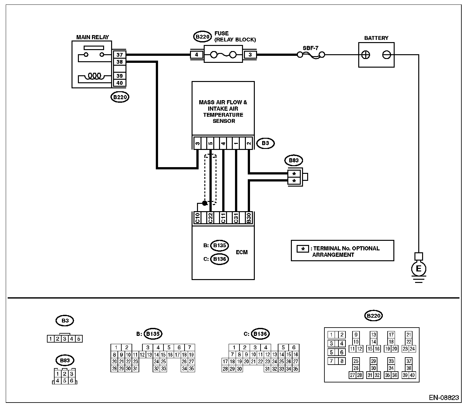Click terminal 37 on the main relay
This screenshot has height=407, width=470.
pyautogui.click(x=120, y=55)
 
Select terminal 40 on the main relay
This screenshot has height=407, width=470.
pyautogui.click(x=120, y=83)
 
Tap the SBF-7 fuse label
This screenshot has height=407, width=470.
pyautogui.click(x=311, y=48)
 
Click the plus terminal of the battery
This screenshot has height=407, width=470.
pyautogui.click(x=366, y=55)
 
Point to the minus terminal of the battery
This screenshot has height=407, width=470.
pyautogui.click(x=387, y=55)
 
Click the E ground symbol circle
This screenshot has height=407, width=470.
pyautogui.click(x=419, y=269)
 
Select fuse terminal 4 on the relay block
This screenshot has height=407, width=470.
pyautogui.click(x=196, y=55)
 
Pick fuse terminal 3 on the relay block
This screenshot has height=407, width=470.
pyautogui.click(x=250, y=55)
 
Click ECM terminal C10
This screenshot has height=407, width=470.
pyautogui.click(x=197, y=218)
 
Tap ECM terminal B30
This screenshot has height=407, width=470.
pyautogui.click(x=249, y=218)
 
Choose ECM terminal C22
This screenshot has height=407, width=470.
pyautogui.click(x=210, y=218)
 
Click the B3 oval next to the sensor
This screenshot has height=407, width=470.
pyautogui.click(x=265, y=143)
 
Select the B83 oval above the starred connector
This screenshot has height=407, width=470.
pyautogui.click(x=293, y=160)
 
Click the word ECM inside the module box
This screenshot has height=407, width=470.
pyautogui.click(x=242, y=252)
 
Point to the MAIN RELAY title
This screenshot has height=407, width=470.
pyautogui.click(x=93, y=37)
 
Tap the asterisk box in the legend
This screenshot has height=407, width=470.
pyautogui.click(x=303, y=249)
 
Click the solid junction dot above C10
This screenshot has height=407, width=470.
pyautogui.click(x=205, y=203)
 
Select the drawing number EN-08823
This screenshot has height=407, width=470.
pyautogui.click(x=444, y=397)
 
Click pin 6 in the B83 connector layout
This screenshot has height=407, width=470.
pyautogui.click(x=72, y=381)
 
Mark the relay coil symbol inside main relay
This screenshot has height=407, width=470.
pyautogui.click(x=95, y=76)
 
